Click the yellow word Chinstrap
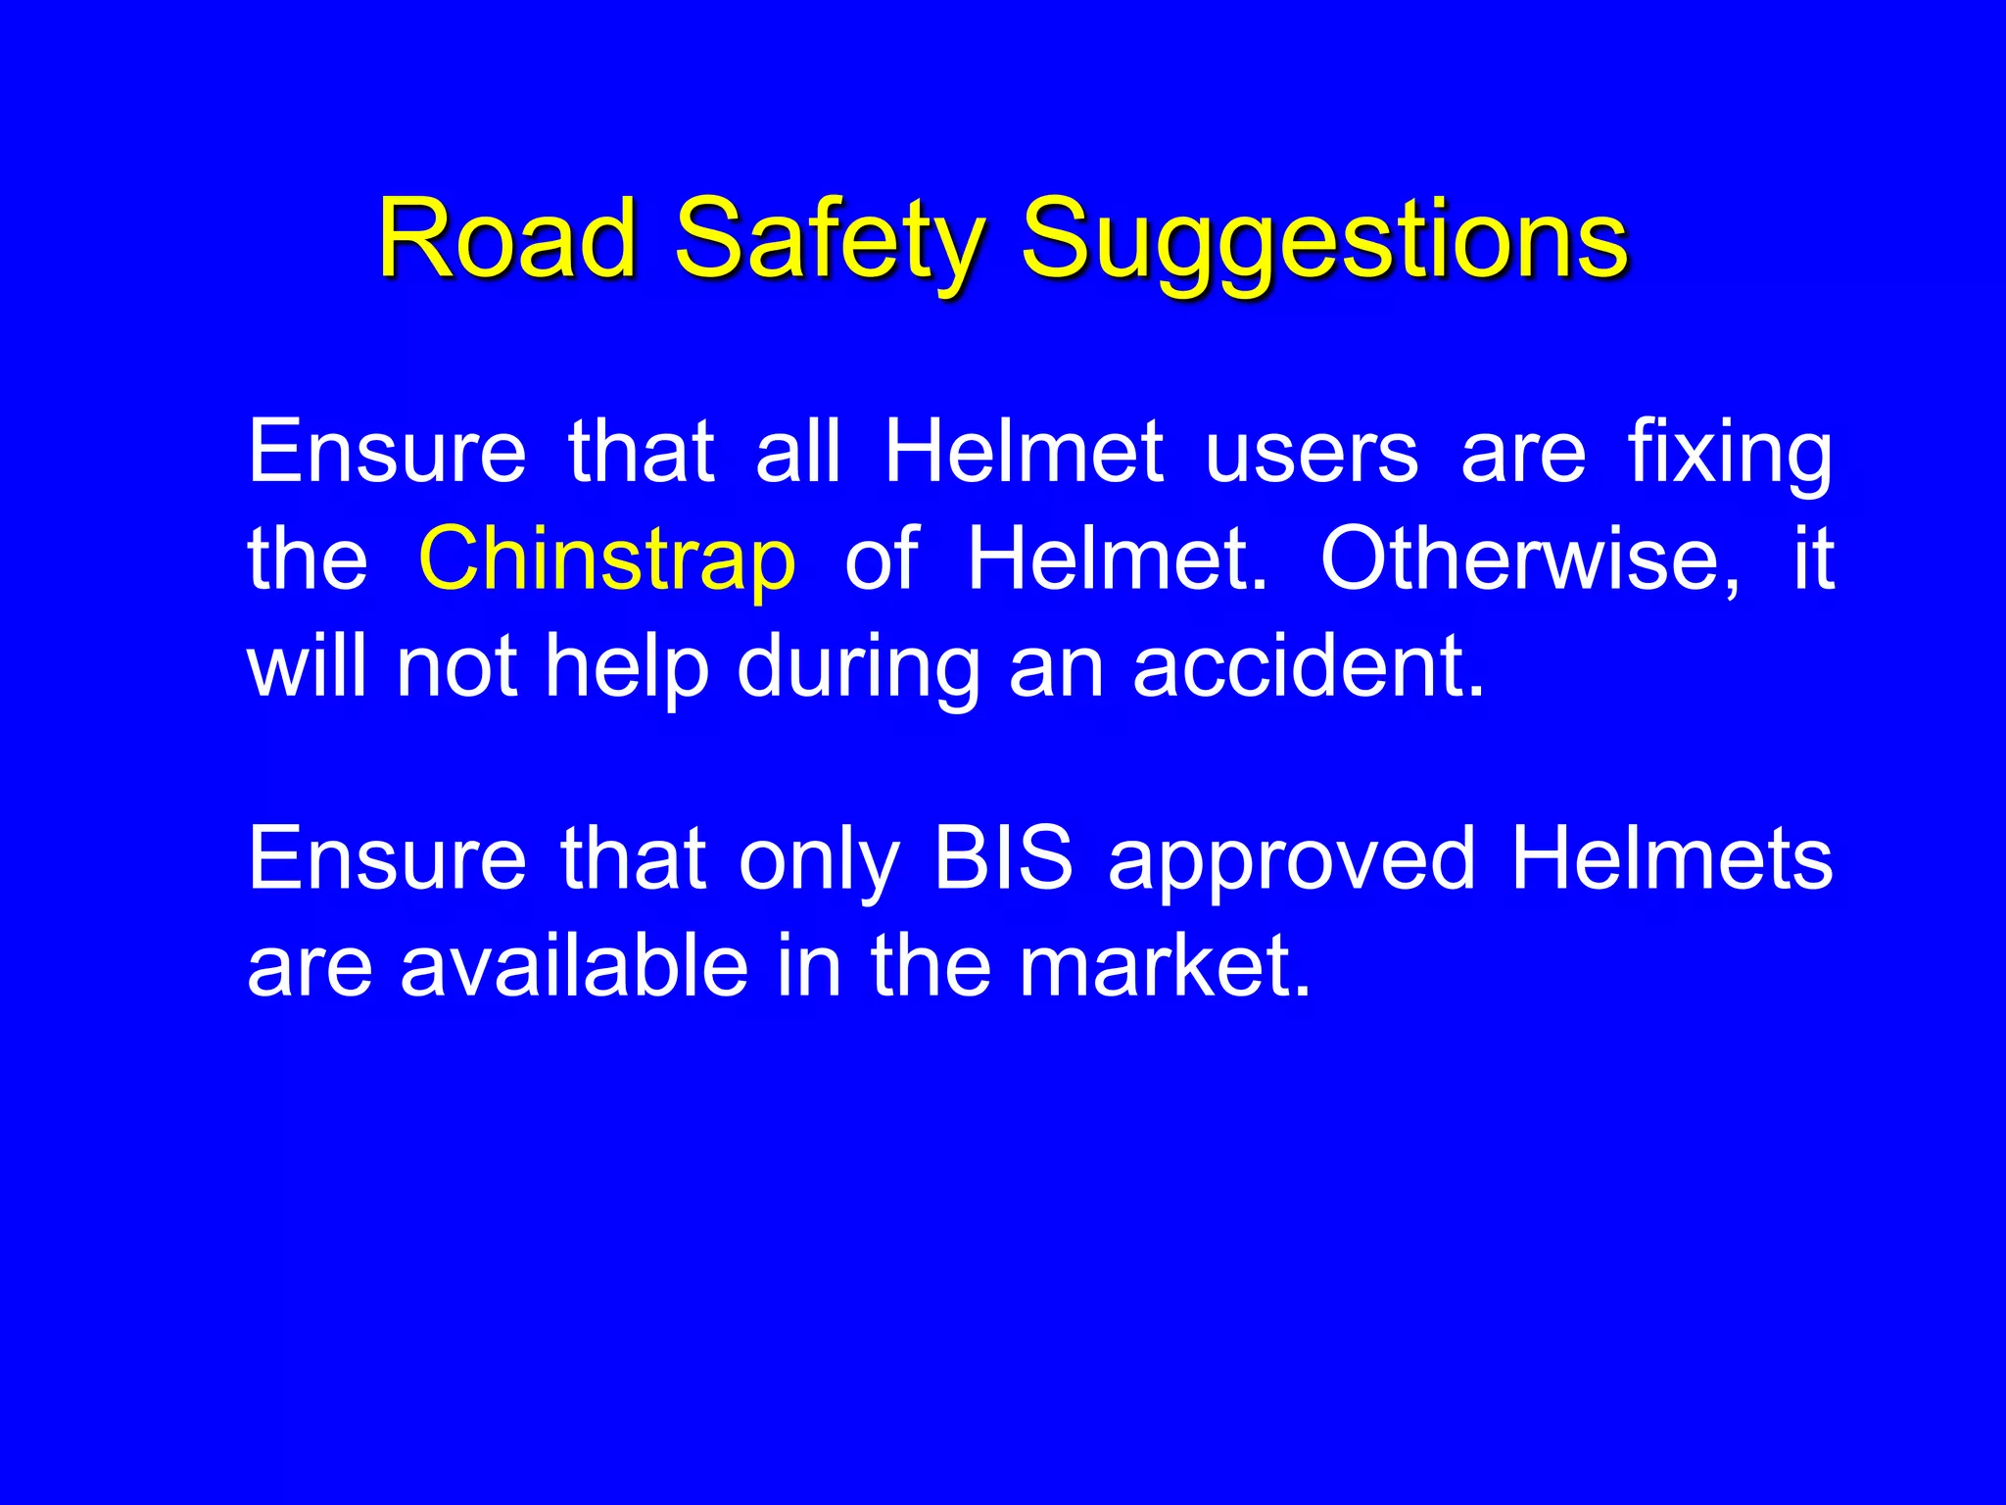click(607, 558)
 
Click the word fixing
click(1730, 452)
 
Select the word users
click(1312, 452)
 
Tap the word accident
click(1309, 665)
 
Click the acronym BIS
click(1003, 858)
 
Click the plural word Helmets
click(1671, 858)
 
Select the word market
click(1165, 965)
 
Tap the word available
click(575, 965)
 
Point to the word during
click(858, 665)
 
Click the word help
click(627, 665)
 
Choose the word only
click(819, 858)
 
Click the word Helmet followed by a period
click(1117, 558)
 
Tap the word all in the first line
click(798, 452)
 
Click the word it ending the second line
click(1813, 558)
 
